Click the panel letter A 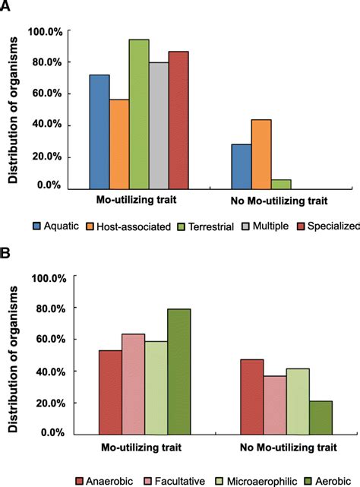click(7, 7)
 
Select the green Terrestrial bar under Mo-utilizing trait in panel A click(138, 113)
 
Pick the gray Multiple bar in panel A click(158, 125)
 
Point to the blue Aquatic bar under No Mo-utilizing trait click(241, 166)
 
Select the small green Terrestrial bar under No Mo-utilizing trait click(281, 183)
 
